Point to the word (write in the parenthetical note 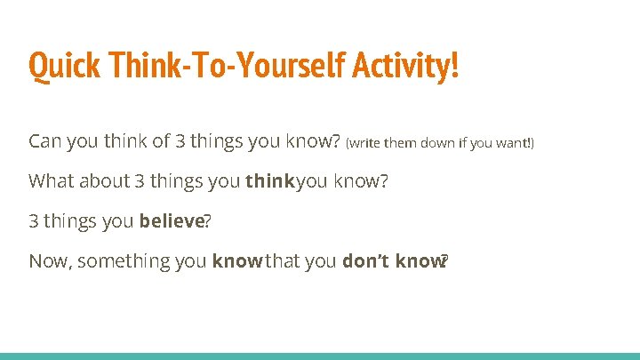click(364, 143)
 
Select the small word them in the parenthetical click(399, 143)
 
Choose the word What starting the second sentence click(51, 181)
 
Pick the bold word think click(270, 181)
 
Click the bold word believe click(172, 221)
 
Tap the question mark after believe click(207, 221)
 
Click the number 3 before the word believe click(34, 221)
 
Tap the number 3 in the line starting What click(140, 181)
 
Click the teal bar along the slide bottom click(320, 356)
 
